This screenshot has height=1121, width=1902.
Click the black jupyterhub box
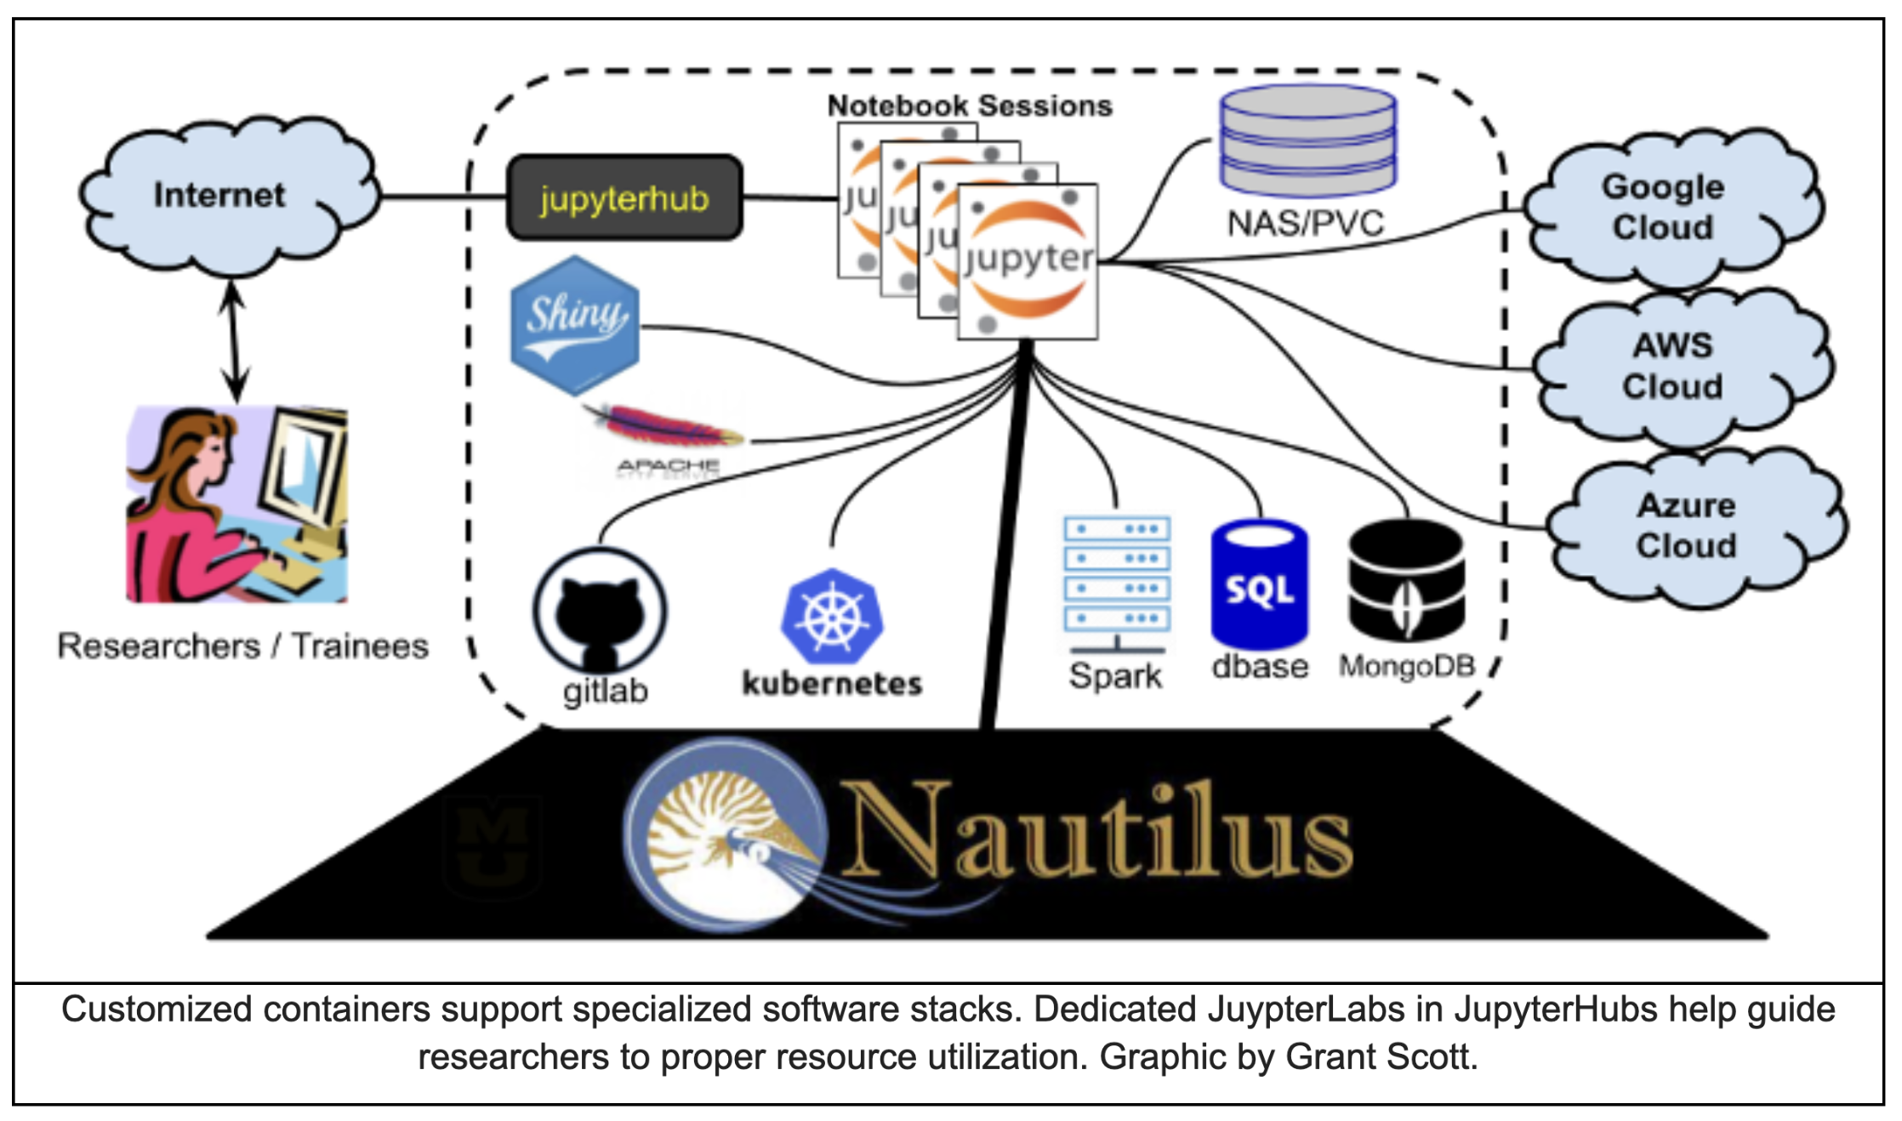[x=624, y=198]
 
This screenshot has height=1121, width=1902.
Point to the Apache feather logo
[x=663, y=430]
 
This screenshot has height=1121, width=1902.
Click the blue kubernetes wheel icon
[x=832, y=617]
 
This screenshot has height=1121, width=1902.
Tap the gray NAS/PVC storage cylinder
[x=1307, y=140]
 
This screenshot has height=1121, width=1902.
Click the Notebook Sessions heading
[x=970, y=105]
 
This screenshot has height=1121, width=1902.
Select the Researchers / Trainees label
[x=243, y=646]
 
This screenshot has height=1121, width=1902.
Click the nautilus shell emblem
[x=723, y=834]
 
